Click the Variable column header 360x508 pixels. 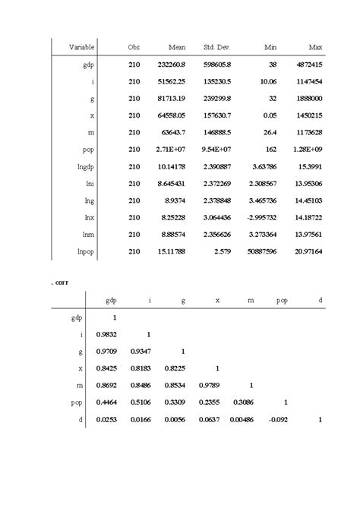[81, 48]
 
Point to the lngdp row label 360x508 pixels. [84, 166]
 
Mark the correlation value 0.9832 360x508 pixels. [107, 334]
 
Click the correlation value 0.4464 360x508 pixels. [107, 402]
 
